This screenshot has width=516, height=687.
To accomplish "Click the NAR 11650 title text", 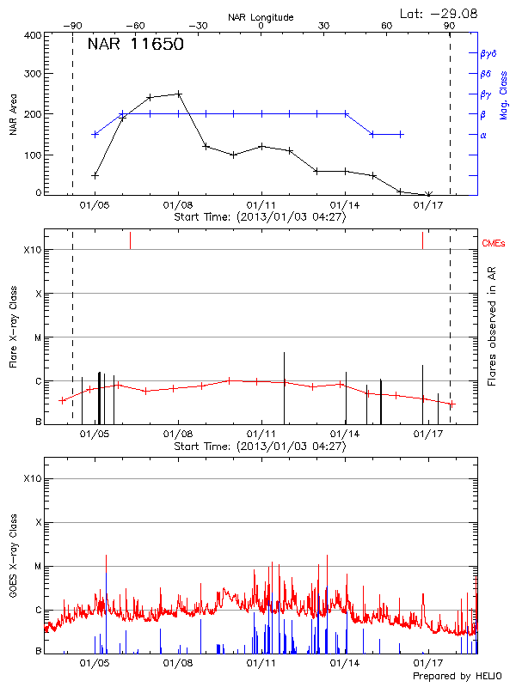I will pyautogui.click(x=135, y=46).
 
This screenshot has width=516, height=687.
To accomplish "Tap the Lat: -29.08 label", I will pyautogui.click(x=440, y=13).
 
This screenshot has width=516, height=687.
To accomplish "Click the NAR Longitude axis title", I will pyautogui.click(x=261, y=16).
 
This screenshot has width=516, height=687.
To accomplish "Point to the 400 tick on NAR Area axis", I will pyautogui.click(x=31, y=35).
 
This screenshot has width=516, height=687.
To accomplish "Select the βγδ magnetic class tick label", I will pyautogui.click(x=488, y=53).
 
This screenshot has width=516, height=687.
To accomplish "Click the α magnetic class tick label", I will pyautogui.click(x=483, y=135).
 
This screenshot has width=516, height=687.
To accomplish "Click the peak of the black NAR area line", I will pyautogui.click(x=179, y=94).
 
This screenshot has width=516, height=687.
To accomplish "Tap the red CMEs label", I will pyautogui.click(x=495, y=245).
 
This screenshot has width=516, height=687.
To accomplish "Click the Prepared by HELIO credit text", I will pyautogui.click(x=458, y=677).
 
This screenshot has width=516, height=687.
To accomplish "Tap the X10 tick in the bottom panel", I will pyautogui.click(x=32, y=478).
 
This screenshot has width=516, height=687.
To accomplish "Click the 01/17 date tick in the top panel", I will pyautogui.click(x=428, y=205).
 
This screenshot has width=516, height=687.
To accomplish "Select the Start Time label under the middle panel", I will pyautogui.click(x=260, y=447).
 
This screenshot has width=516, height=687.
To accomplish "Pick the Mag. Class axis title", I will pyautogui.click(x=504, y=115).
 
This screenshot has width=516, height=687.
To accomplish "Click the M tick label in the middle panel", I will pyautogui.click(x=37, y=337).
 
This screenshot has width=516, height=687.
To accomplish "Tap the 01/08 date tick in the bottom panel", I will pyautogui.click(x=177, y=664).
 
